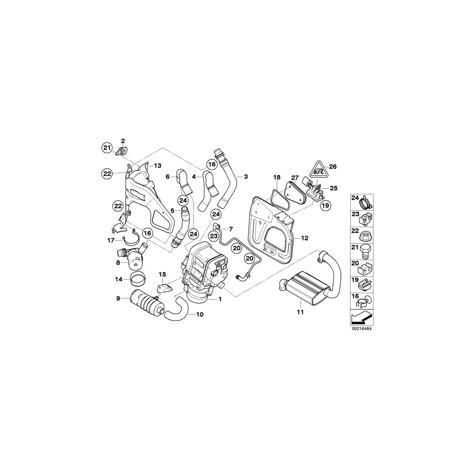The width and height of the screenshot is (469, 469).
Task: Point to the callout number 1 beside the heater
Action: [x=220, y=300]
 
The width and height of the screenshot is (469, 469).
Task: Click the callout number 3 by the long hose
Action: [x=246, y=177]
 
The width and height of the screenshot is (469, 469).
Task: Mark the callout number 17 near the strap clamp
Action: [x=110, y=240]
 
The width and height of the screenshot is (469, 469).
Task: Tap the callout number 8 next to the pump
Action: [x=118, y=263]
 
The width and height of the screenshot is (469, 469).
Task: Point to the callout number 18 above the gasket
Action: [x=277, y=178]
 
